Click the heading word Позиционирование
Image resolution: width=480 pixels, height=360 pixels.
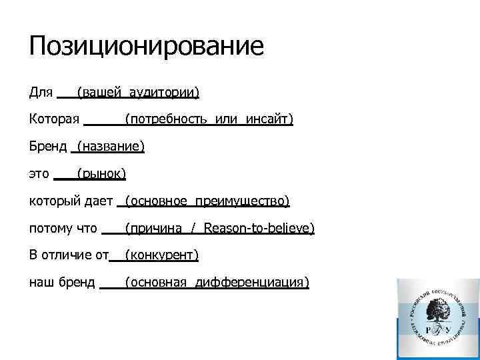coord(147,46)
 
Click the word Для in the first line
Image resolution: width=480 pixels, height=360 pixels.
coord(41,91)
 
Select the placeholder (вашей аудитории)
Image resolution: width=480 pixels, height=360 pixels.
coord(138,92)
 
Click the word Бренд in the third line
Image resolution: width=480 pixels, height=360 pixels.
coord(48,146)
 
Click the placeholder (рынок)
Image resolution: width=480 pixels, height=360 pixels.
coord(101,174)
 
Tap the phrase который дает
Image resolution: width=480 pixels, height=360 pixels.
coord(71,201)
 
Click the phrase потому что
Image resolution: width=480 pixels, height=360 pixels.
coord(63,228)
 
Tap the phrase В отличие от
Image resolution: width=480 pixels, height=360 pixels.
coord(69,255)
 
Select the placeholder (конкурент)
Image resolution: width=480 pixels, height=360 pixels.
coord(161,255)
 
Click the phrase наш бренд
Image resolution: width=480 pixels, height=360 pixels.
coord(63,282)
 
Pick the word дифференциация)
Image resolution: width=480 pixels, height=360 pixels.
coord(252,283)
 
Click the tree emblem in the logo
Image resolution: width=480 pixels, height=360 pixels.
coord(437,311)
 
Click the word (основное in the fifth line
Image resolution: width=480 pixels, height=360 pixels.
coord(155,201)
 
